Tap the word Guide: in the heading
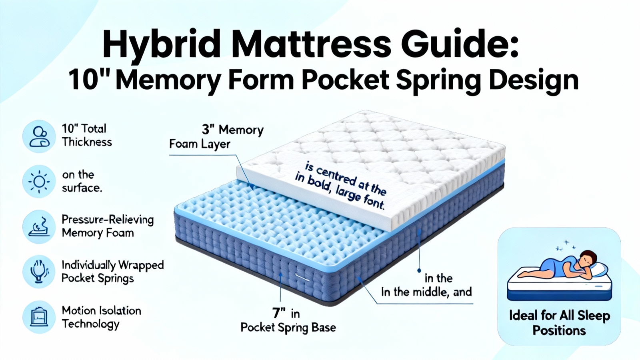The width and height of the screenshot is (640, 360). (x=460, y=44)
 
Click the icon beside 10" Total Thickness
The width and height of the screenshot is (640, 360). (x=39, y=136)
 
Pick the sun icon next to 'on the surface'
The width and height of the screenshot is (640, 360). (x=39, y=182)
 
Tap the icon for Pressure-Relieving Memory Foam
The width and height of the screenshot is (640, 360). (x=39, y=227)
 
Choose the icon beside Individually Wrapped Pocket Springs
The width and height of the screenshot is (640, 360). (x=39, y=272)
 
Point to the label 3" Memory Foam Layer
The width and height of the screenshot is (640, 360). (x=216, y=137)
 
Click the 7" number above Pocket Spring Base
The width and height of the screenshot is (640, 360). (x=279, y=313)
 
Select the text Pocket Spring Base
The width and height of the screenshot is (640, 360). (x=288, y=328)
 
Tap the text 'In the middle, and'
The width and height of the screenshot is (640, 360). (x=426, y=292)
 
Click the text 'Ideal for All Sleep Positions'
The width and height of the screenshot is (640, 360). (x=560, y=323)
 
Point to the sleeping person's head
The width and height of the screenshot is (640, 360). (x=588, y=259)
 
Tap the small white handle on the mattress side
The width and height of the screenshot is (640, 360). (x=302, y=276)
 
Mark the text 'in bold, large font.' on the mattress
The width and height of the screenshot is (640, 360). (x=340, y=191)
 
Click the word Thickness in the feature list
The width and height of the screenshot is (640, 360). (x=87, y=142)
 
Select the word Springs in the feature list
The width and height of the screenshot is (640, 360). (x=116, y=278)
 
